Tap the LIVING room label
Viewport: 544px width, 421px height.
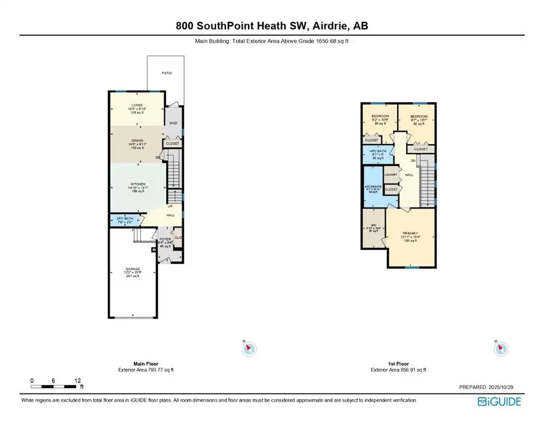[x=136, y=105]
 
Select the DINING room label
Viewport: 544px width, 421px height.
[x=136, y=140]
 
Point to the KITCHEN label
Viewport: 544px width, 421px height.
[x=137, y=184]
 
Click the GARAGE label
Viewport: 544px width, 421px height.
[x=133, y=269]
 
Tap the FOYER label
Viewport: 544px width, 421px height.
[x=165, y=240]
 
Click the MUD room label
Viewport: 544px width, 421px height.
[x=173, y=123]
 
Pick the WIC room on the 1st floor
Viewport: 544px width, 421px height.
[x=374, y=227]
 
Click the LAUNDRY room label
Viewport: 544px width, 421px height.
[x=391, y=175]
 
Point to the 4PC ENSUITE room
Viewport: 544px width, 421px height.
[x=373, y=187]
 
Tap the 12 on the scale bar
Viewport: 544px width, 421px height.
[x=78, y=380]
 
